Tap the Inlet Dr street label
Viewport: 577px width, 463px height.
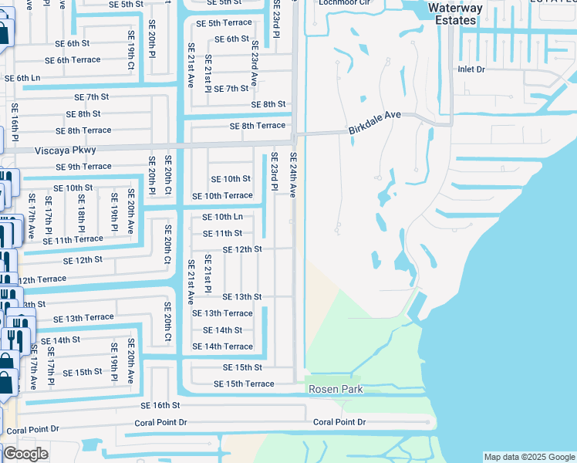tap(471, 69)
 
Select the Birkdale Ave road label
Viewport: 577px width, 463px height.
tap(375, 115)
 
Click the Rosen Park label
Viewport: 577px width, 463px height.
tap(336, 390)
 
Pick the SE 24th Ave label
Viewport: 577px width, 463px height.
tap(293, 174)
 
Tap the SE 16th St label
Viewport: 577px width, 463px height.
tap(160, 405)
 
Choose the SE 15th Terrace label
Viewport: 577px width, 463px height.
tap(244, 384)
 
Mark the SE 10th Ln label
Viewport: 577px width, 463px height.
tap(222, 217)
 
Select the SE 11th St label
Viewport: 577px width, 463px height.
tap(222, 233)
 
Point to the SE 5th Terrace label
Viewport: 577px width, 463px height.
tap(224, 23)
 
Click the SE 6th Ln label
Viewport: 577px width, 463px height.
tap(22, 78)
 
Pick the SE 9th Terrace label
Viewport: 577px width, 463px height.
tap(83, 167)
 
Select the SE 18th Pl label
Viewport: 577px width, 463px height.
tap(81, 211)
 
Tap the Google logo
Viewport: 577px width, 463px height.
tap(25, 454)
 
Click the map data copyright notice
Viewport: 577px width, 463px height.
tap(528, 457)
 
